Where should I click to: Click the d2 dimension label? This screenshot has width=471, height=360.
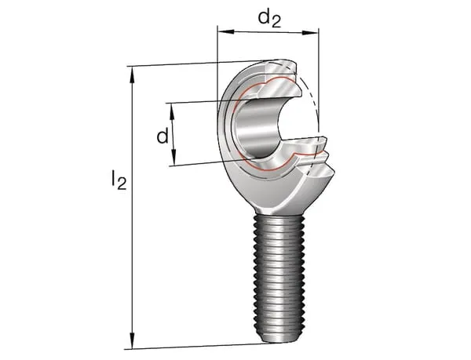click(269, 19)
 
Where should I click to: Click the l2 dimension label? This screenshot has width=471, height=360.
click(119, 179)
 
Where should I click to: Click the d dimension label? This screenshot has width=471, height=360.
click(162, 136)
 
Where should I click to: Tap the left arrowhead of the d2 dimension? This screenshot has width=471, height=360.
click(225, 31)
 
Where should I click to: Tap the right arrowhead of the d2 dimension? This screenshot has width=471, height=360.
click(310, 32)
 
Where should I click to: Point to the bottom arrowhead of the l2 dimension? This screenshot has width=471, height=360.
click(132, 340)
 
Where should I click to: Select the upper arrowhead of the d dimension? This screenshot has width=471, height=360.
click(172, 111)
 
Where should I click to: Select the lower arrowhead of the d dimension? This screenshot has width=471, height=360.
click(173, 157)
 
